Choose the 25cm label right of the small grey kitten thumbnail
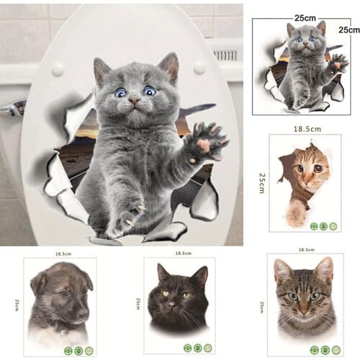[x=348, y=30]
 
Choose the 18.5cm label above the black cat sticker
[x=183, y=253]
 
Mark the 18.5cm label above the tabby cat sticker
[x=305, y=249]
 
